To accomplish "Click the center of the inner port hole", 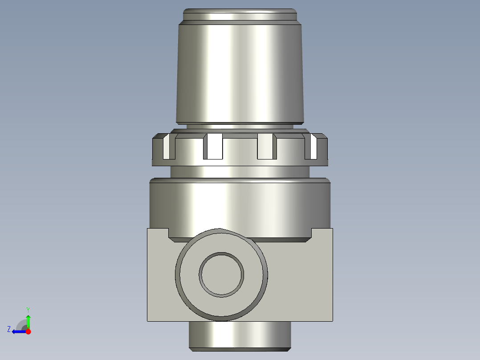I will click(x=221, y=274).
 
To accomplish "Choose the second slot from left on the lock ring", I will click(x=213, y=147).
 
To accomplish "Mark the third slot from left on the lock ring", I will click(x=266, y=147).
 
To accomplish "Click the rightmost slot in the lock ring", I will click(x=312, y=147).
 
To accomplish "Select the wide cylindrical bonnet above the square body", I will click(x=240, y=205).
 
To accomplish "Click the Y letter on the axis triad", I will click(x=28, y=309).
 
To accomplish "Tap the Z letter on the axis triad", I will click(x=9, y=329).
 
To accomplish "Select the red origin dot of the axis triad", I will click(x=28, y=331).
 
